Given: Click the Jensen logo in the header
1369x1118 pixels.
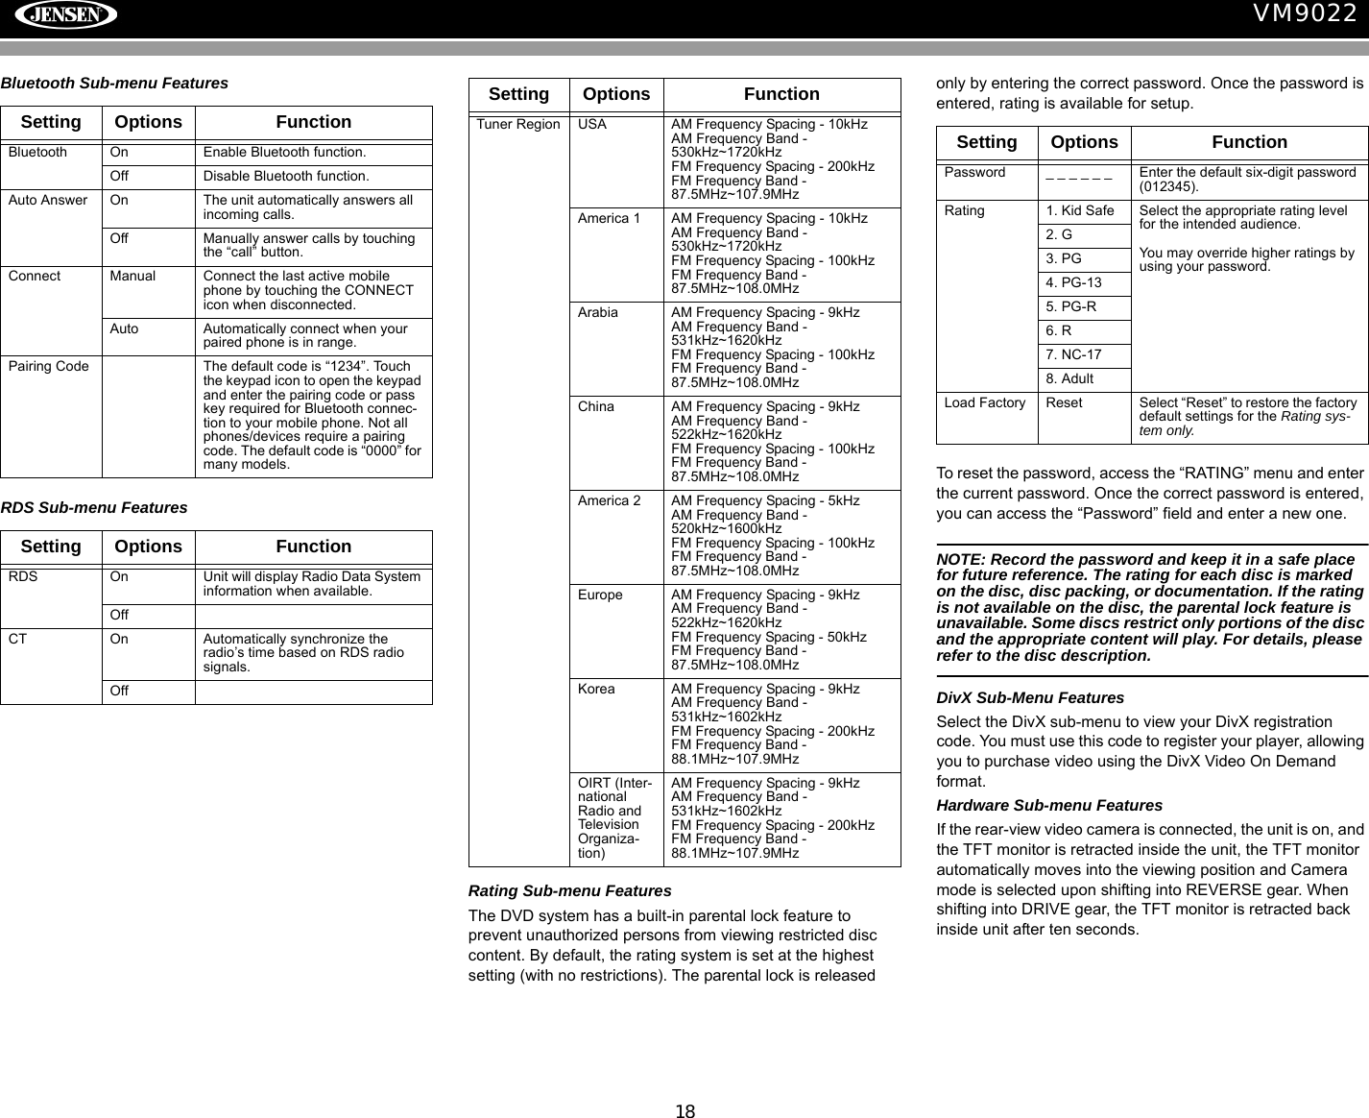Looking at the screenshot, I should coord(65,15).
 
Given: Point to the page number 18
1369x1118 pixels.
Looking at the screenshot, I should coord(684,1112).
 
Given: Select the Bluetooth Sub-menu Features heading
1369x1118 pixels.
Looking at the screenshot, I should coord(114,84).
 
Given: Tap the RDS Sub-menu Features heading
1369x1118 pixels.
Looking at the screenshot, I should coord(94,507).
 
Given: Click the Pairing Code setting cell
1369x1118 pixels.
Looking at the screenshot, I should coord(49,366).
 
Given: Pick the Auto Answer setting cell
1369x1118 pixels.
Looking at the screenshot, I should coord(48,201).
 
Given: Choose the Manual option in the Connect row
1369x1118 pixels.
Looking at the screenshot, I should coord(132,277).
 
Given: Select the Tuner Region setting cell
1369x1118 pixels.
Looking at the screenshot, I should coord(518,125).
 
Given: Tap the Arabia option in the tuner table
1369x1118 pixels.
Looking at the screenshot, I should coord(598,313).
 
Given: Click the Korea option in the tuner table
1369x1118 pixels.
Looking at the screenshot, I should coord(596,690).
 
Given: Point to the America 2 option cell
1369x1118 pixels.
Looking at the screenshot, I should coord(609,501).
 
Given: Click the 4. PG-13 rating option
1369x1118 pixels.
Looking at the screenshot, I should coord(1074,283).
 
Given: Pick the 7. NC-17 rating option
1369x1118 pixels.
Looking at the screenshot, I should coord(1074,355).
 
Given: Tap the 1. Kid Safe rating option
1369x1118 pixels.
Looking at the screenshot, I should coord(1080,211).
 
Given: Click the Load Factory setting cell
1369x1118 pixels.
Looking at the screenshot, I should coord(985,403).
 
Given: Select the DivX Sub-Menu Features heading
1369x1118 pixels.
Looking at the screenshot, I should coord(1030,697).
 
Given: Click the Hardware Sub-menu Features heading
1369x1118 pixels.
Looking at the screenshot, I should coord(1049,805).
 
